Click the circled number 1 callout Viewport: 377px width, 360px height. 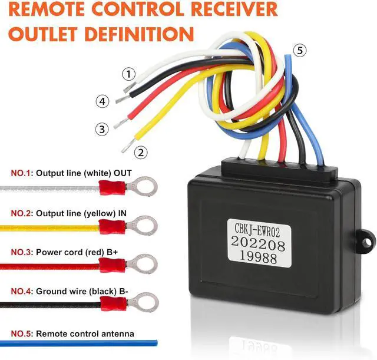(x=129, y=74)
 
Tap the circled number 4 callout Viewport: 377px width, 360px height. (x=102, y=101)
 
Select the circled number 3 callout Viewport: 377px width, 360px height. (x=102, y=128)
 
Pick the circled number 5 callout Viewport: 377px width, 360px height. (x=300, y=51)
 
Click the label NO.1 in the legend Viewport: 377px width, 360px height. (x=22, y=174)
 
